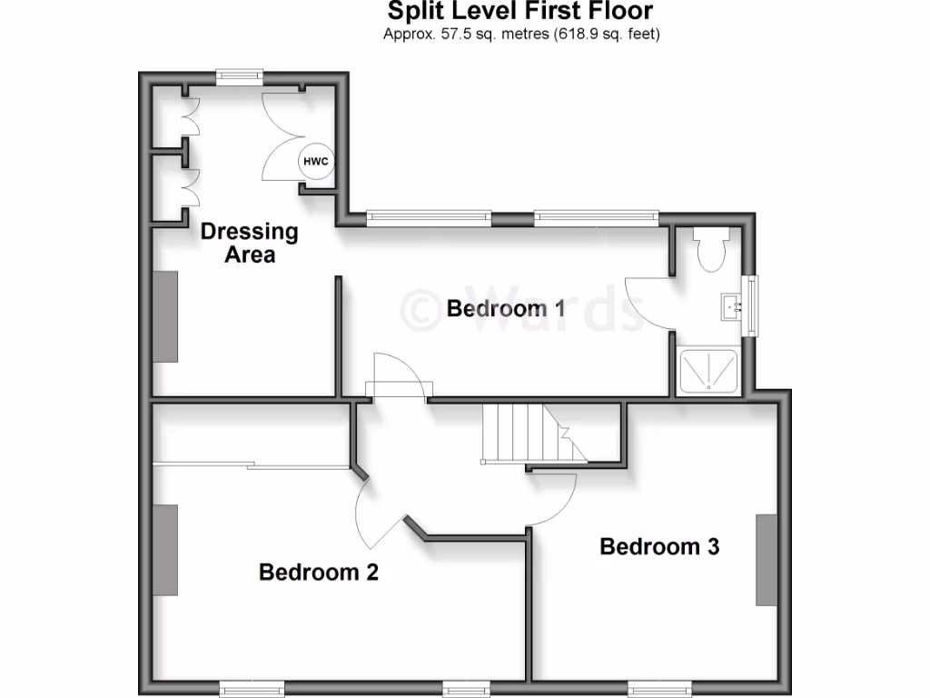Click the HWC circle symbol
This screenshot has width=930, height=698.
pos(316,162)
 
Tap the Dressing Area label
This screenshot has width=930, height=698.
pos(249,243)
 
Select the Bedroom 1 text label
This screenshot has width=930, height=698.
pos(506,309)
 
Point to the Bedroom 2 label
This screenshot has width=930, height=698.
pos(318,573)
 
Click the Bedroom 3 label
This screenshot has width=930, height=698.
pos(659,546)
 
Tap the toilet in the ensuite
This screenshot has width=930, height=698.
pos(708,247)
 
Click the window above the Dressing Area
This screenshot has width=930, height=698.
pos(240,76)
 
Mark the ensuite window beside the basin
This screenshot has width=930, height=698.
pos(751,307)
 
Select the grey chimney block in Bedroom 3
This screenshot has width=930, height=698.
pos(767,560)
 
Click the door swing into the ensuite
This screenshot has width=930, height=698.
pos(648,304)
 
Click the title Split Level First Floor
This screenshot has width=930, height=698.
pos(520,12)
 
